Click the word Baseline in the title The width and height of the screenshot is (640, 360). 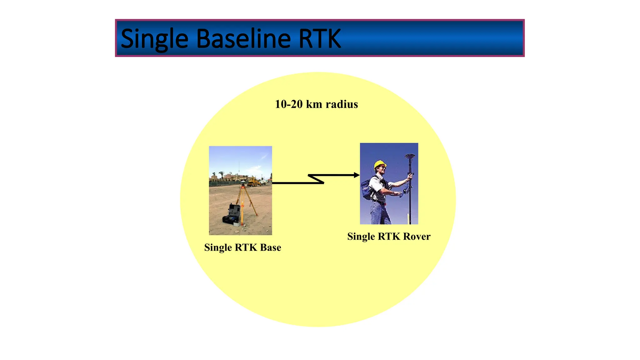[x=243, y=39]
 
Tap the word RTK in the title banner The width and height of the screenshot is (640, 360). [x=319, y=39]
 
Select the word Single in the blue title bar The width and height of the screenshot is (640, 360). [x=154, y=39]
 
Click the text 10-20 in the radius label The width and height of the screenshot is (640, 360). [x=289, y=104]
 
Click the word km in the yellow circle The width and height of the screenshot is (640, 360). [x=314, y=104]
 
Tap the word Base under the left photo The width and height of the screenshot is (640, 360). [x=271, y=247]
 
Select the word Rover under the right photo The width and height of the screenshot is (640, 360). [x=417, y=237]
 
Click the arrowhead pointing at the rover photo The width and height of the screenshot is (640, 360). [x=357, y=175]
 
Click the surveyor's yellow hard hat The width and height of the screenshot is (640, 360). [x=380, y=165]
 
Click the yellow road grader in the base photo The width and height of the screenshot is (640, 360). [x=254, y=182]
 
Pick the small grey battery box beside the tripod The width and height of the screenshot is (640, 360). [x=237, y=224]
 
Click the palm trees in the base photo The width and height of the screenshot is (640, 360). [x=222, y=174]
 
